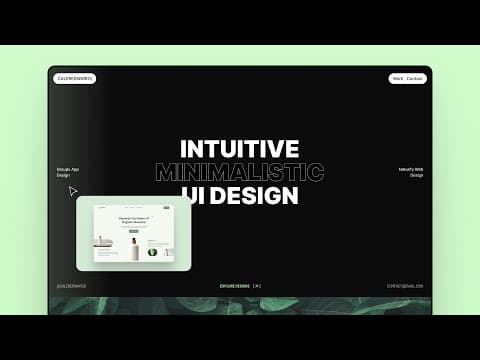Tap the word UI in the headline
[x=193, y=195]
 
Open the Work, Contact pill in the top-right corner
[x=408, y=78]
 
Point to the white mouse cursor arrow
[x=73, y=190]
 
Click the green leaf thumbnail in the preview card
[x=152, y=252]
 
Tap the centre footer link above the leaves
[x=240, y=285]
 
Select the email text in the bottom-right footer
[x=405, y=285]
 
